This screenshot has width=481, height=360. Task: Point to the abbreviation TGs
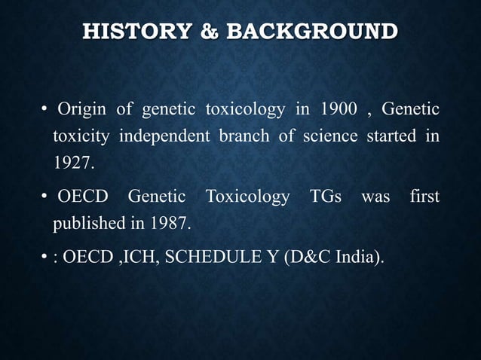tap(326, 199)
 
